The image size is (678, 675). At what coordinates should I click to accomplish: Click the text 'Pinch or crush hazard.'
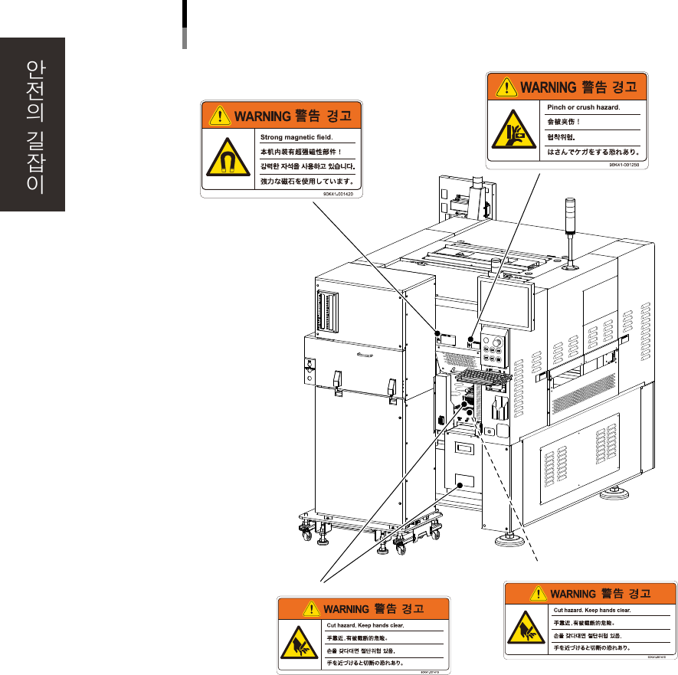[x=583, y=108]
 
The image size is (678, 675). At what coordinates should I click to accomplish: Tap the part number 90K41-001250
[x=627, y=163]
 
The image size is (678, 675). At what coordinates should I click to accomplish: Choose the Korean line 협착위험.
[x=561, y=137]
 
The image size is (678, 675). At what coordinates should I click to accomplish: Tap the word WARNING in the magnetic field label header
[x=262, y=117]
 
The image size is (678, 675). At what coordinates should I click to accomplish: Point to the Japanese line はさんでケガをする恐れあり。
[x=592, y=152]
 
